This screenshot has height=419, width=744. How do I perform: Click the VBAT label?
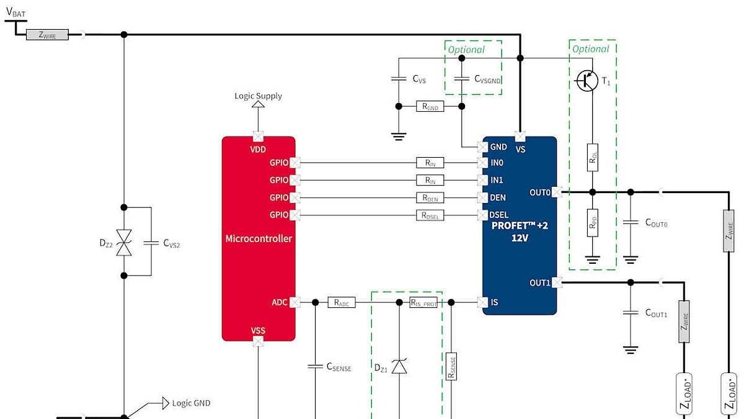(15, 11)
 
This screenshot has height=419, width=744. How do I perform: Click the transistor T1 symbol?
(587, 81)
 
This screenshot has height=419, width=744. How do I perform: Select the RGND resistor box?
(430, 107)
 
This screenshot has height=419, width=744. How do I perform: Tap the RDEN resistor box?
(430, 198)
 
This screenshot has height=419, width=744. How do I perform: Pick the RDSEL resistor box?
(430, 215)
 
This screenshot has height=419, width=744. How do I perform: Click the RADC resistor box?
(341, 303)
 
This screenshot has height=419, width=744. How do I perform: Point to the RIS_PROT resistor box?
(423, 303)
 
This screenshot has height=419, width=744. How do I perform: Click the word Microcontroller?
(259, 238)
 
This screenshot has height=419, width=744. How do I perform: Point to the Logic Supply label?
(258, 96)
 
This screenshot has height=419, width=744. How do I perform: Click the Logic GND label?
(191, 403)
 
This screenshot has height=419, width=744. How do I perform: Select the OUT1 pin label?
(539, 283)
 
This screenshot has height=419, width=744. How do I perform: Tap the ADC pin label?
(280, 303)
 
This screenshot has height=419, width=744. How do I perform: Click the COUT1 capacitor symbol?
(631, 313)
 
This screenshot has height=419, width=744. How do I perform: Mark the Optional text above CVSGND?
(466, 50)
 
